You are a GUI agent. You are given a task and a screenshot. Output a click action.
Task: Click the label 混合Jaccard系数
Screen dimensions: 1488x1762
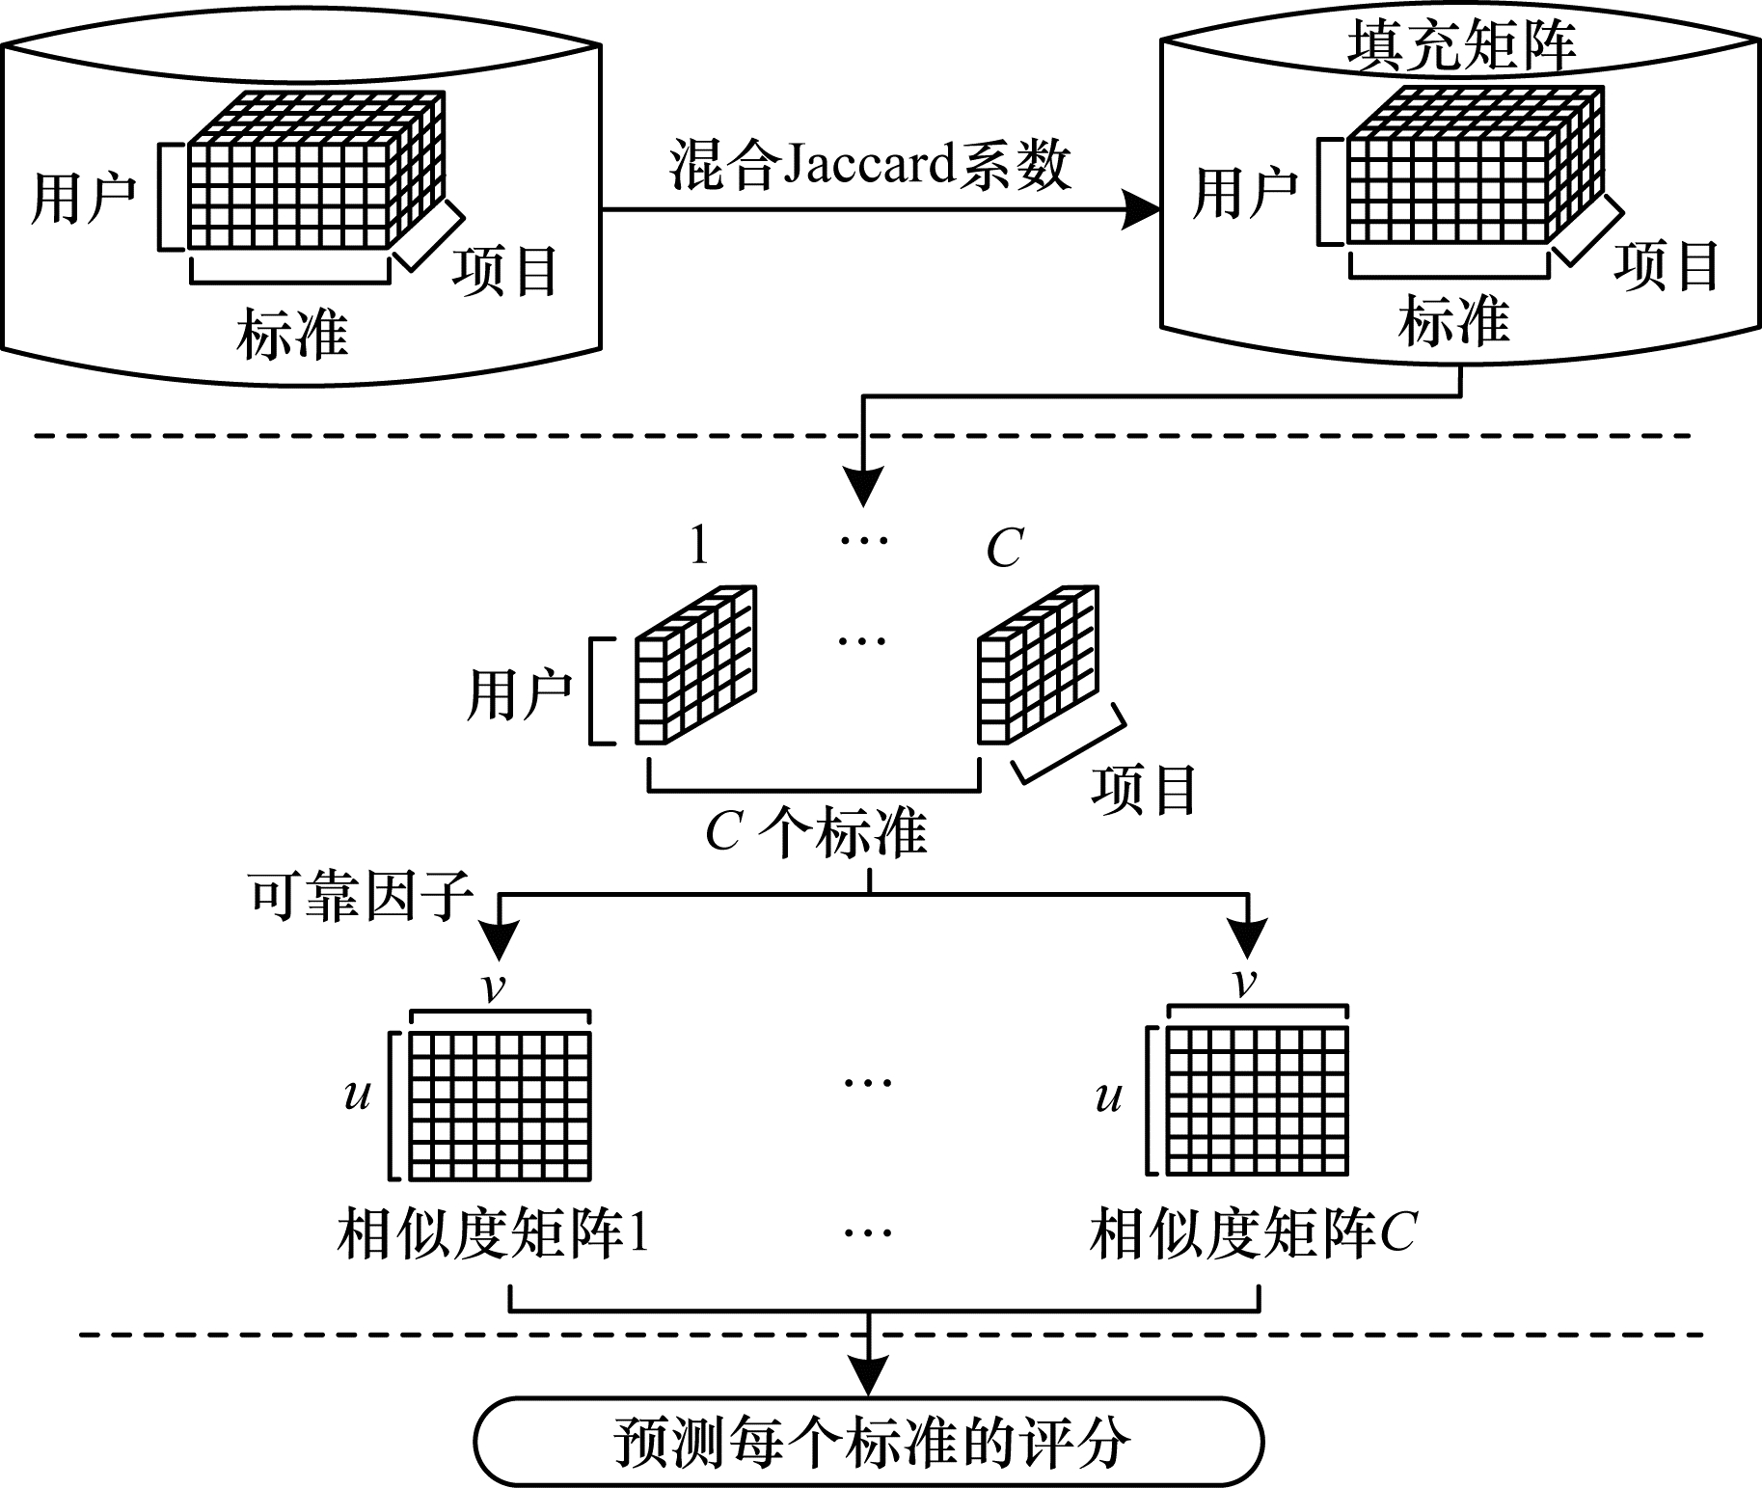click(870, 166)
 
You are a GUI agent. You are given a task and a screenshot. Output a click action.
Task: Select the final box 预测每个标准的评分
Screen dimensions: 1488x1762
click(868, 1443)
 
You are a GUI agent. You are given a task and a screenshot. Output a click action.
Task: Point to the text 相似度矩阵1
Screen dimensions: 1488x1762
click(492, 1233)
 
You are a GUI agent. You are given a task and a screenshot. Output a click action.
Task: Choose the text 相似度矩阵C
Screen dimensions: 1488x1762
click(1253, 1233)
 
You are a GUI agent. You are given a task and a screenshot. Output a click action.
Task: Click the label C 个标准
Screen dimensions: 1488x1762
click(816, 834)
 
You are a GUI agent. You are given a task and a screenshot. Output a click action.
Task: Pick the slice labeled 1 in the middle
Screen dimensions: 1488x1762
click(694, 665)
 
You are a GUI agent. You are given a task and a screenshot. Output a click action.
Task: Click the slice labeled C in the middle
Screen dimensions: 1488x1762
click(1037, 665)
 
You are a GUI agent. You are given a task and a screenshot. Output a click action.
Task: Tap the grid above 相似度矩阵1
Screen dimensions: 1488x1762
click(500, 1105)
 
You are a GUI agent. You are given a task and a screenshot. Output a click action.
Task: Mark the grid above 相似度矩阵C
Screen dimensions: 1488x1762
click(1257, 1100)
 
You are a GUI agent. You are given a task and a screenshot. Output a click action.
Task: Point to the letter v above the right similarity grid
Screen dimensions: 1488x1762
click(1245, 983)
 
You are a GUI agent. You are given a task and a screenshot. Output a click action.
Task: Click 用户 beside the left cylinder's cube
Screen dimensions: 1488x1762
click(83, 199)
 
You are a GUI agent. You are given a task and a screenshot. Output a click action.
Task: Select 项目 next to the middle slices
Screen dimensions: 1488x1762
click(1144, 790)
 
